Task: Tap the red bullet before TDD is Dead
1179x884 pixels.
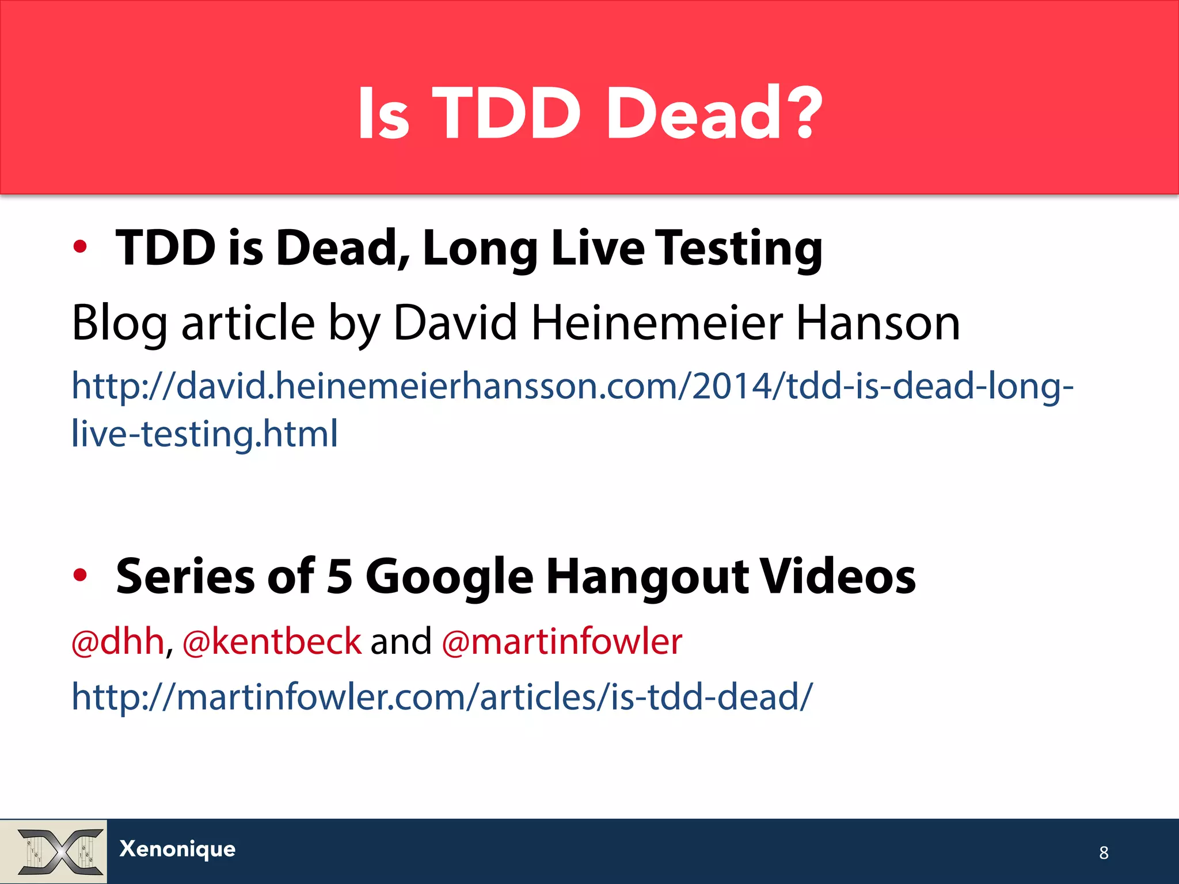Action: click(x=80, y=247)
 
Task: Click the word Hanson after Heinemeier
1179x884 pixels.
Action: click(x=877, y=323)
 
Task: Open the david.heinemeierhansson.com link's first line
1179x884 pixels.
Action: click(x=572, y=386)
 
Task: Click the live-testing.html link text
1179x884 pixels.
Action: click(x=204, y=433)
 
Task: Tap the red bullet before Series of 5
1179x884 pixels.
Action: click(x=80, y=574)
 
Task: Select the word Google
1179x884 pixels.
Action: click(x=450, y=577)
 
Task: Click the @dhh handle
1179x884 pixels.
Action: click(x=118, y=642)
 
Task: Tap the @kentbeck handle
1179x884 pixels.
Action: click(x=272, y=642)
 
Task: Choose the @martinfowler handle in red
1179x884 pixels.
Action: click(x=562, y=642)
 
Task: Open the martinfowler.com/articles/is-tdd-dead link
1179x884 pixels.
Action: click(x=442, y=697)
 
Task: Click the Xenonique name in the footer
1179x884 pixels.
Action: click(x=177, y=849)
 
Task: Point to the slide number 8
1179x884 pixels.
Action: click(x=1103, y=852)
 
